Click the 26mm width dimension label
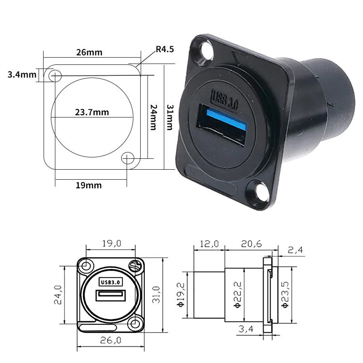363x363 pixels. coord(89,52)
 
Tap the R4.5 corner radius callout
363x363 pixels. coord(164,49)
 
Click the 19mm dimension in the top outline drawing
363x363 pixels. coord(88,185)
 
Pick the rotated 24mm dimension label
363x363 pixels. coord(153,116)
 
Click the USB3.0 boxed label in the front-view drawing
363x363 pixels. coord(111,281)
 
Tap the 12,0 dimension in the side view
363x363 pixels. coord(209,244)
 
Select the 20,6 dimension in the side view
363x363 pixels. coord(251,244)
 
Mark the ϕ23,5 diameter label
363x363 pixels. coord(285,294)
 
